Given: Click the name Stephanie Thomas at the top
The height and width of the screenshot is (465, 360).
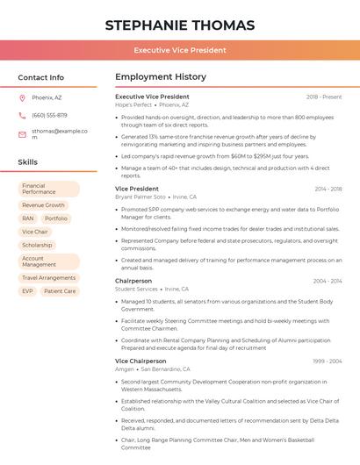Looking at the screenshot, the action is [180, 25].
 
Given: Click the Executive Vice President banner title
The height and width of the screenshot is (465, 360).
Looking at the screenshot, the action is [180, 50].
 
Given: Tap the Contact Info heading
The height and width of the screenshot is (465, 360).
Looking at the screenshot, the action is [40, 77].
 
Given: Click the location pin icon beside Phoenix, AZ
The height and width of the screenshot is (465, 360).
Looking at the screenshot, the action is [22, 97].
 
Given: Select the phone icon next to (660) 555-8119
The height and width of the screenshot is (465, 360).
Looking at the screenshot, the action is [22, 115].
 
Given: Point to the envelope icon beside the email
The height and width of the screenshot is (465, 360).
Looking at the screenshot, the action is [22, 134].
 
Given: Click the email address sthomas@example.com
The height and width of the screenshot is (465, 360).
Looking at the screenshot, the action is [60, 134].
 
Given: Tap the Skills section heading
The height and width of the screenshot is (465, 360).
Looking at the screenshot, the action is [27, 162].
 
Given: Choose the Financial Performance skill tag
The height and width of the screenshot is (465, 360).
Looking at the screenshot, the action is [48, 189].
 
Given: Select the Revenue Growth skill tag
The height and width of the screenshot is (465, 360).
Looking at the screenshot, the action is [43, 205].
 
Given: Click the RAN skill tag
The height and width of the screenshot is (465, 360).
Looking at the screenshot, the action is [28, 218].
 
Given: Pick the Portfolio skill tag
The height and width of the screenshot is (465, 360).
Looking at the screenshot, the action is [56, 218].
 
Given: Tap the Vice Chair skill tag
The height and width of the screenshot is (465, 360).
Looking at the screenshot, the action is [35, 232].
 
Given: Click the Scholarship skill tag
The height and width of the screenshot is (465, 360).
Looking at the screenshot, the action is [37, 245].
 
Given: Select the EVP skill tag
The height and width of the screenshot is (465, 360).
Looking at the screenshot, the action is [27, 291].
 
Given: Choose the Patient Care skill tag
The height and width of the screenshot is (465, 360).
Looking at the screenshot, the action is [60, 291].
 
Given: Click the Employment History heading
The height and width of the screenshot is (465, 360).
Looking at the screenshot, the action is [161, 77].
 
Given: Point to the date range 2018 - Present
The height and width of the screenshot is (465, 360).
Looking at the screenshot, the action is [324, 97].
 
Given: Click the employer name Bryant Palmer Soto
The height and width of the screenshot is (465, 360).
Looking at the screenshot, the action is [140, 197].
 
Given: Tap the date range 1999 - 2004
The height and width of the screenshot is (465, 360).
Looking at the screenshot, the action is [328, 361].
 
